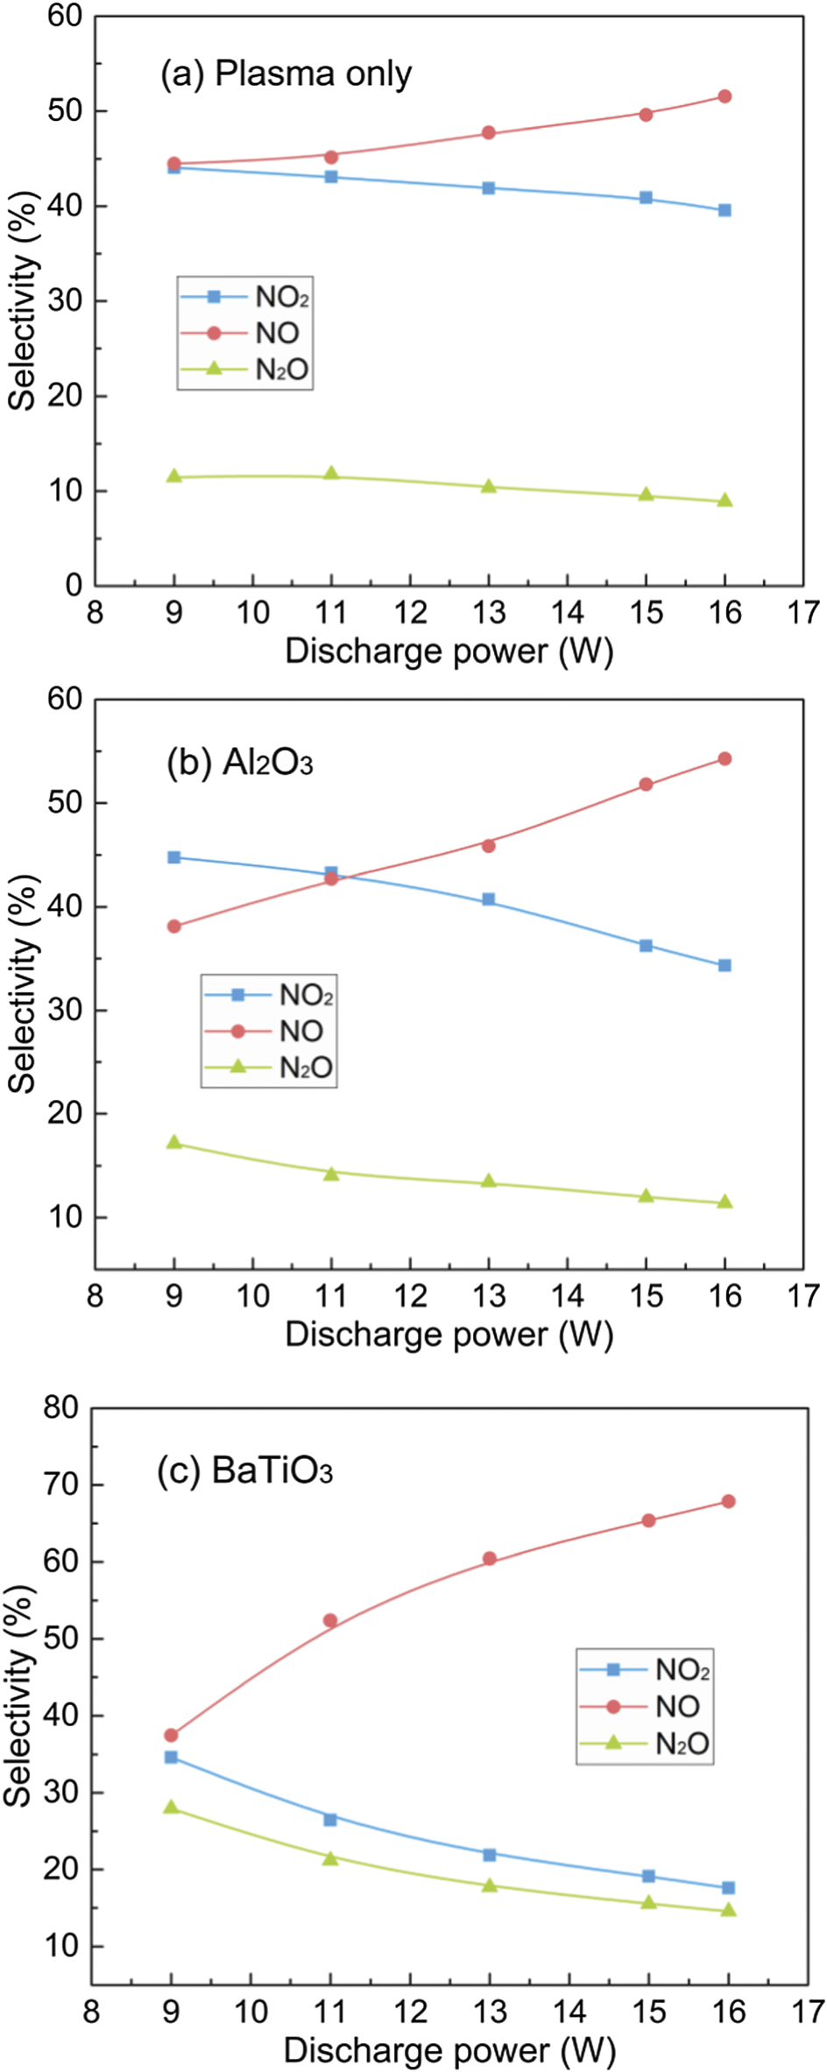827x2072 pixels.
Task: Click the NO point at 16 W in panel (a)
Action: (x=725, y=96)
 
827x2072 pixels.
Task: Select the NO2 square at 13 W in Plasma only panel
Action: (x=489, y=188)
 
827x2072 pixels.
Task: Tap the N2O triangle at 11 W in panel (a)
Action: (x=331, y=474)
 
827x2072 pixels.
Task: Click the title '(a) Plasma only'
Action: (x=286, y=74)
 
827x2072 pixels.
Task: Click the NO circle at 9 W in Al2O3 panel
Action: (x=174, y=927)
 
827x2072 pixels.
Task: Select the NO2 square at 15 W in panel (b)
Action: (x=646, y=946)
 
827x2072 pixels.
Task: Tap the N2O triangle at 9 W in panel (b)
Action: (x=174, y=1143)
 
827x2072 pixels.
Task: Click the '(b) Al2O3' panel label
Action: (x=239, y=764)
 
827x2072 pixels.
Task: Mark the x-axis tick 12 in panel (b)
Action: (x=410, y=1296)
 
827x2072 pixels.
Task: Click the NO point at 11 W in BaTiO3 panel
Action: (x=330, y=1621)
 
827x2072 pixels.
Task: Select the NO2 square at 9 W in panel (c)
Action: (x=171, y=1758)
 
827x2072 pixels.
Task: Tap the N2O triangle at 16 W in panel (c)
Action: (x=728, y=1910)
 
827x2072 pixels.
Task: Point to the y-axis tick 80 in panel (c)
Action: (x=61, y=1407)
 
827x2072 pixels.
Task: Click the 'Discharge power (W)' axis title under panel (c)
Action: (x=449, y=2050)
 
